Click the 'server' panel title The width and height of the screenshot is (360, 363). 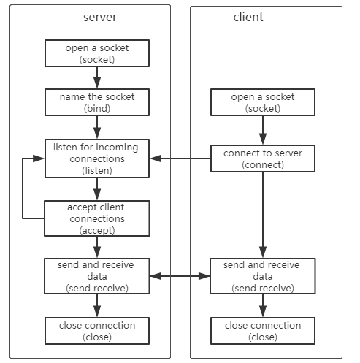(x=100, y=18)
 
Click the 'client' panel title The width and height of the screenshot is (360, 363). (x=248, y=17)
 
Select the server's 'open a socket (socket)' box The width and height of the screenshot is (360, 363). (x=97, y=53)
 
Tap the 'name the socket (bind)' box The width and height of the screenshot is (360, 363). (x=97, y=102)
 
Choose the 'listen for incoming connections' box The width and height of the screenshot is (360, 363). (x=97, y=158)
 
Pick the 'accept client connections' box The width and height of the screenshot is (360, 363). (x=97, y=218)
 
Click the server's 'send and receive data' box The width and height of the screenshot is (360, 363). (x=97, y=276)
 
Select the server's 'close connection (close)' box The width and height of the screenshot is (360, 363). (x=97, y=331)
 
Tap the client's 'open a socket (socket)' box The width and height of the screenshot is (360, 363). (x=263, y=102)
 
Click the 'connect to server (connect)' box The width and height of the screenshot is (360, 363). (x=263, y=158)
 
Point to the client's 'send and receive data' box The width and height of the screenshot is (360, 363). (x=263, y=276)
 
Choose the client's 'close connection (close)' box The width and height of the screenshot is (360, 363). (x=263, y=331)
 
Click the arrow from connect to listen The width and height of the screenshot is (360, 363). (x=180, y=158)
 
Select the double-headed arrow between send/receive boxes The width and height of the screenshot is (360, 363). (x=180, y=276)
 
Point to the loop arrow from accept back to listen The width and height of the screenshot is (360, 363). (x=23, y=188)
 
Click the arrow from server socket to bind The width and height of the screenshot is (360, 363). (x=97, y=77)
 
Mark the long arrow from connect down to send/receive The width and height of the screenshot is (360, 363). (x=263, y=215)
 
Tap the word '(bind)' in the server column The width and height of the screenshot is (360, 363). (x=97, y=108)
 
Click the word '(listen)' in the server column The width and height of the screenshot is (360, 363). (x=97, y=170)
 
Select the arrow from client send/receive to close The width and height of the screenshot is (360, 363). (x=263, y=305)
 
